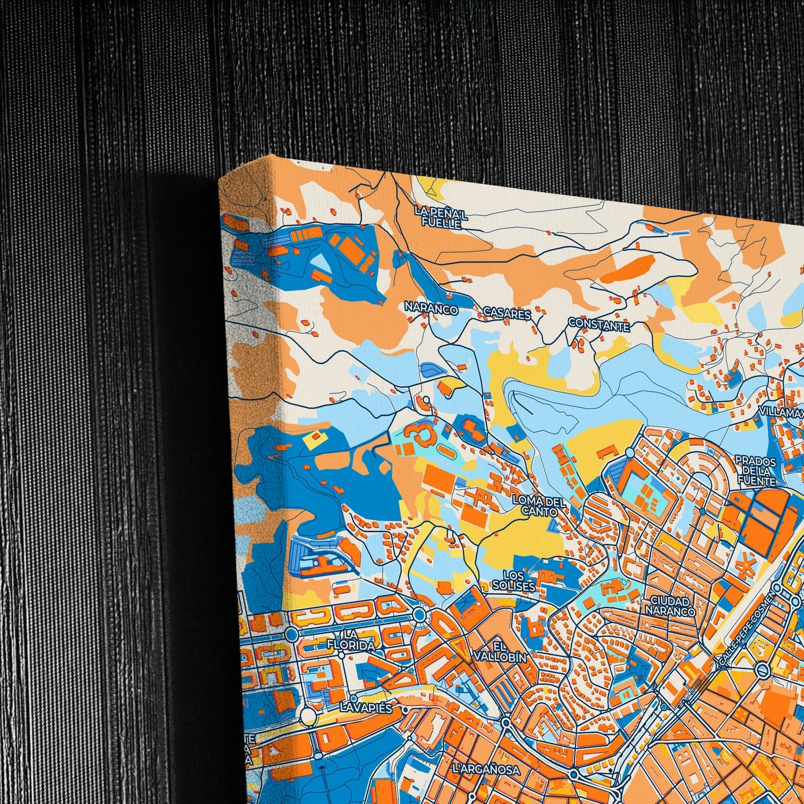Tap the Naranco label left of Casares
click(431, 309)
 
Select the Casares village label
click(507, 314)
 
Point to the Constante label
click(599, 325)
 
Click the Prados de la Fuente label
click(756, 471)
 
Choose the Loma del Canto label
click(539, 506)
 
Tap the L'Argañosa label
click(486, 770)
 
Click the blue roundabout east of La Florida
click(420, 615)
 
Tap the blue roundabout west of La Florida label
click(291, 634)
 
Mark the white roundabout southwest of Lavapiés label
click(307, 716)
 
